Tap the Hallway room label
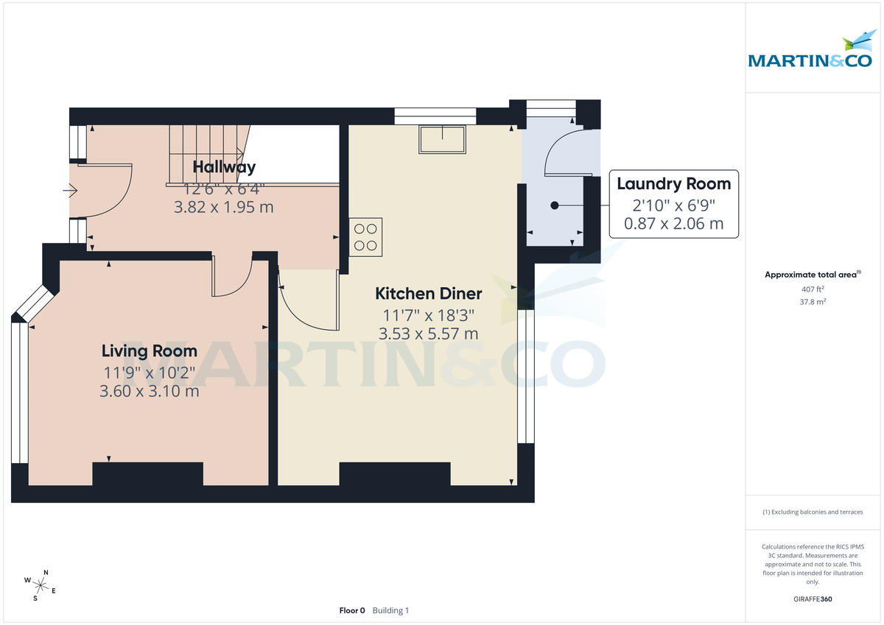coord(224,167)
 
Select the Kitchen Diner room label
coord(428,294)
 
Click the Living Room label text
coord(150,351)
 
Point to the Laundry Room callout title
coord(673,184)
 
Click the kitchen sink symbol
coord(443,139)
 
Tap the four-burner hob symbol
coord(365,237)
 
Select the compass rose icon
coord(41,586)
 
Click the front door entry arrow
coord(71,192)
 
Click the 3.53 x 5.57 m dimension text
coord(428,333)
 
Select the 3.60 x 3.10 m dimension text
coord(150,391)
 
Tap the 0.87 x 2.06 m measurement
coord(673,223)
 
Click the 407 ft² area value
coord(812,289)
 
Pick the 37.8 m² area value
coord(812,302)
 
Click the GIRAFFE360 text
coord(812,599)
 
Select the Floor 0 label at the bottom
coord(352,610)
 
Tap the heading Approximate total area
coord(810,275)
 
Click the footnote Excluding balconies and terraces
coord(812,512)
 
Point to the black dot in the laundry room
coord(555,205)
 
